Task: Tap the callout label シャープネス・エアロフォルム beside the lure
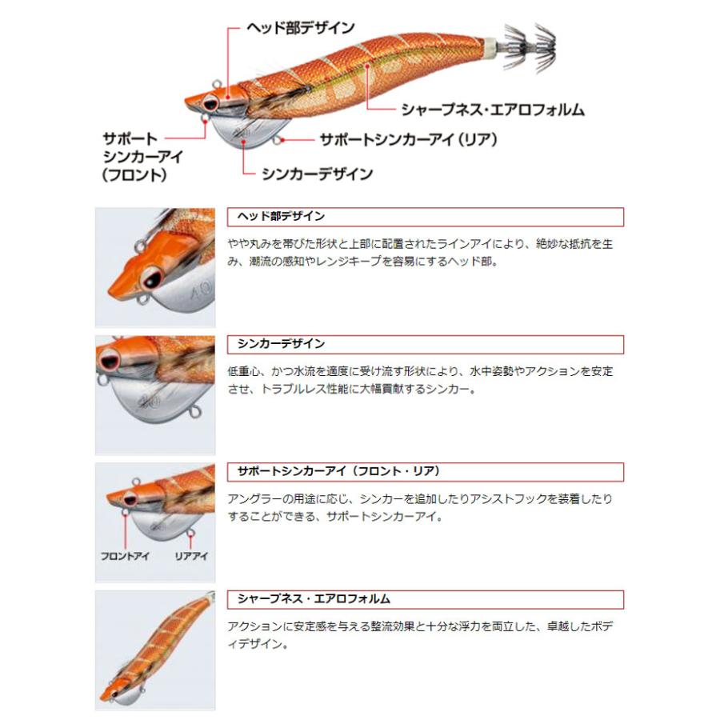pos(493,110)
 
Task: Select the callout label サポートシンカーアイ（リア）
pos(408,139)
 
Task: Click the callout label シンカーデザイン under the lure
pos(317,173)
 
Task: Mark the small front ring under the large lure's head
pos(204,120)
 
